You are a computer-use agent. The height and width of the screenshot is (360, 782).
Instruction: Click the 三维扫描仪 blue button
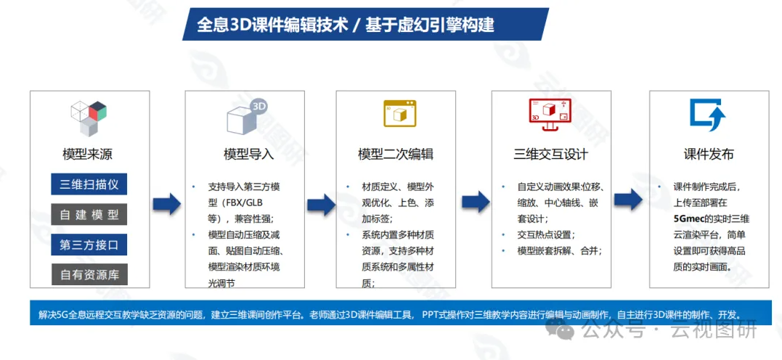[89, 184]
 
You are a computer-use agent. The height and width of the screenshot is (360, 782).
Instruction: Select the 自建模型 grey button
[89, 215]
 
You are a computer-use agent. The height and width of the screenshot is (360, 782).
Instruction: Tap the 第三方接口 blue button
[89, 245]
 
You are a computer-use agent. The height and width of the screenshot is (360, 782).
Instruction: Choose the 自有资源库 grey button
[89, 275]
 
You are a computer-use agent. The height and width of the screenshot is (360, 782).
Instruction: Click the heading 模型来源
[88, 154]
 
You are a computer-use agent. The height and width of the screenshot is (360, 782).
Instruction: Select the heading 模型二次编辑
[396, 154]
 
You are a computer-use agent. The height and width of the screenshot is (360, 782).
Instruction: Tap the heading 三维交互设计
[550, 154]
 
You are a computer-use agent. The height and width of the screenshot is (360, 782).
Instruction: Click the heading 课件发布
[709, 154]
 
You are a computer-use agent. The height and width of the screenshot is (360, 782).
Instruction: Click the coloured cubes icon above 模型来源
[89, 118]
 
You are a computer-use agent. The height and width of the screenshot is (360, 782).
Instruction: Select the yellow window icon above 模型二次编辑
[399, 113]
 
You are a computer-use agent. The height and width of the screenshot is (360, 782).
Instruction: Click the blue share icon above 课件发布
[708, 115]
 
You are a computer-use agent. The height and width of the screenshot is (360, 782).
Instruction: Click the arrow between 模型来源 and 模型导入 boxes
[166, 203]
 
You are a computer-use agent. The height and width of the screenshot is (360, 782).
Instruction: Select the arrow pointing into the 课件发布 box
[628, 199]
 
